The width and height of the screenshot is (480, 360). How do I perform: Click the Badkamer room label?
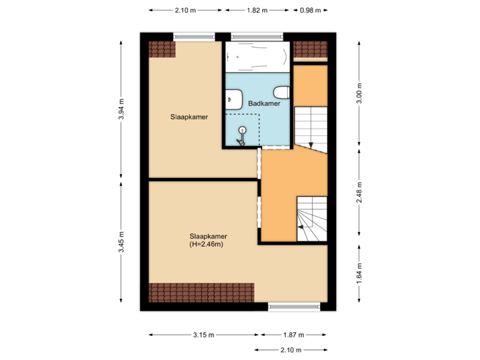(263, 104)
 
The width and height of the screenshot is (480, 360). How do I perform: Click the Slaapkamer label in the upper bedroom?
(189, 117)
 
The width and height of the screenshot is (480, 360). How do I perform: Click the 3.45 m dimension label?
(121, 242)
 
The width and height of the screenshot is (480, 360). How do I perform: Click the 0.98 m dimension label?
(310, 10)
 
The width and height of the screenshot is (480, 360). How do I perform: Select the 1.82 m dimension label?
(257, 10)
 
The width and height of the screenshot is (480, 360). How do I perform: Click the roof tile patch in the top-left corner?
(161, 50)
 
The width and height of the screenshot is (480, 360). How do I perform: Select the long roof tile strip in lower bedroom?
(201, 291)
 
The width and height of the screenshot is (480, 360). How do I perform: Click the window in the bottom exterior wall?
(294, 306)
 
